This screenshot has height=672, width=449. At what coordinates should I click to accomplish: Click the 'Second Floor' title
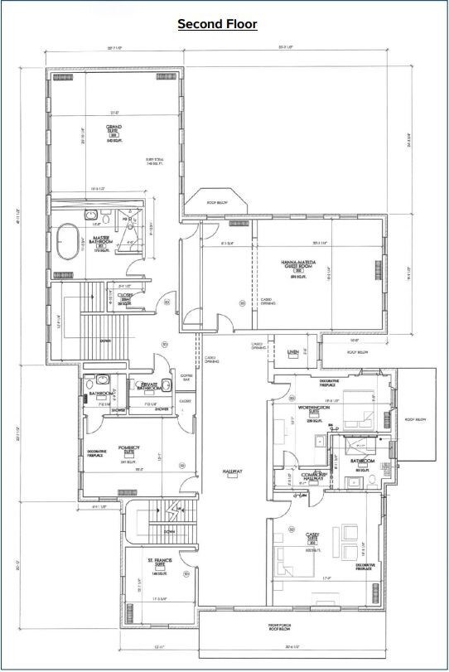pos(217,24)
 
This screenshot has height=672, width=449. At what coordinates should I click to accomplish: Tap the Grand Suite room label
pos(113,130)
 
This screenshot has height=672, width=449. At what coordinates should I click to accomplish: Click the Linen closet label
pos(292,352)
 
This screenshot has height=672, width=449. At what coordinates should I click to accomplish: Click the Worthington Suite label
pos(313,409)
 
